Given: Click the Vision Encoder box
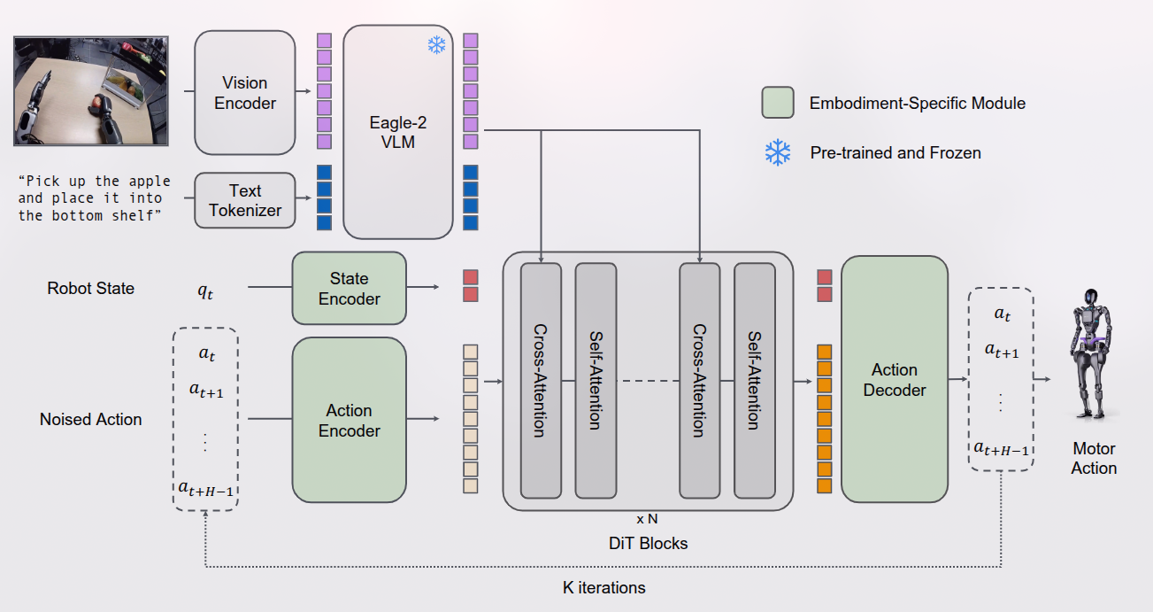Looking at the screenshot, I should [x=244, y=93].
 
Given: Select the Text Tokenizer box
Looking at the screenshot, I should [x=245, y=201].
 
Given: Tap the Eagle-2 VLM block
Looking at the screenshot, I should [x=398, y=132].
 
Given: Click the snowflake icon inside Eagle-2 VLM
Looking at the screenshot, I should [x=437, y=45].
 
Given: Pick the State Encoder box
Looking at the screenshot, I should [x=349, y=289].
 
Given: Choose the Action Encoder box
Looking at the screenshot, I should [x=349, y=421].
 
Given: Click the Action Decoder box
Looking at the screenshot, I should [x=894, y=379].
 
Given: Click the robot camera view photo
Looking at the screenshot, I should [x=91, y=91].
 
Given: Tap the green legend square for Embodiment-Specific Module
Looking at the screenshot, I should [x=777, y=103].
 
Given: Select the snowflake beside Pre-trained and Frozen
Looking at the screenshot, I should [x=778, y=152].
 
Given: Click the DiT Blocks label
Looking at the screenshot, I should [x=649, y=543].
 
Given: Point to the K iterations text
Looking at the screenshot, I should [x=604, y=587].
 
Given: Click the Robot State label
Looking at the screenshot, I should [x=91, y=289].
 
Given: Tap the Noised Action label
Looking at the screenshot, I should [x=91, y=420].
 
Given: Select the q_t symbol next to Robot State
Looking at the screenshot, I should [x=205, y=290].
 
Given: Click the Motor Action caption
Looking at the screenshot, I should [x=1094, y=459].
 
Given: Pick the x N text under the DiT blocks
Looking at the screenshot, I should [x=647, y=519].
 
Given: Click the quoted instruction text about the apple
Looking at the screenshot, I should [x=95, y=198].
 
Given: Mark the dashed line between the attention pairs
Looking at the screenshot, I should [x=647, y=381].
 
